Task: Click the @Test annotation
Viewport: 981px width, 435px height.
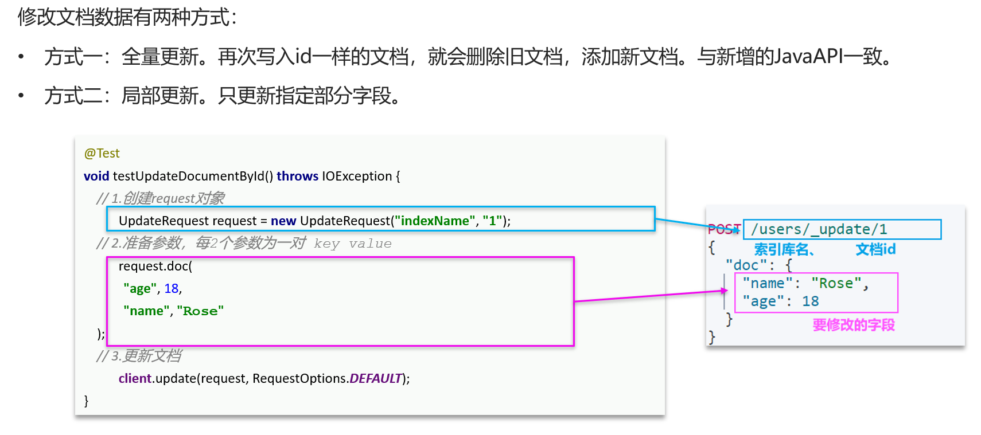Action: pos(102,153)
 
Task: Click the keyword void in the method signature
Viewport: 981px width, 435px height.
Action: pos(96,176)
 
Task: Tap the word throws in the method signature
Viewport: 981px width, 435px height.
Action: pos(297,176)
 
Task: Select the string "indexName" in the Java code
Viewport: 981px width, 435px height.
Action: pos(435,221)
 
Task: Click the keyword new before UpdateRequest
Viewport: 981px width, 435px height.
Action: pos(283,221)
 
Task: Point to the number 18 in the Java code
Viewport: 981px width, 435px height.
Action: pos(172,288)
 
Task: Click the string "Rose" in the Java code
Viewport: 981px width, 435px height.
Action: pos(200,311)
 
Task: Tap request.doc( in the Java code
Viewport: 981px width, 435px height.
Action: pos(155,266)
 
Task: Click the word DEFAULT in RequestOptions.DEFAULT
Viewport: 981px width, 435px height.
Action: pos(376,378)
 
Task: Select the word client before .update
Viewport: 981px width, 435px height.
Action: pos(135,378)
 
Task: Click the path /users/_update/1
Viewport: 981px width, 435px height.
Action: pos(819,229)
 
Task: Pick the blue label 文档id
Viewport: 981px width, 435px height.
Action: pos(875,249)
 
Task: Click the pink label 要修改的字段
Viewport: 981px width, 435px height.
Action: pos(854,325)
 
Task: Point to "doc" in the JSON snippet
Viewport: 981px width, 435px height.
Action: pos(746,265)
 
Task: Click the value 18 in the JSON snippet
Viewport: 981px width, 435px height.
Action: pos(810,301)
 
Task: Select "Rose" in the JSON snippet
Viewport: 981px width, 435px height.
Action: pos(836,283)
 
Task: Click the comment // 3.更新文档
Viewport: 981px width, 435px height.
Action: pos(139,356)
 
